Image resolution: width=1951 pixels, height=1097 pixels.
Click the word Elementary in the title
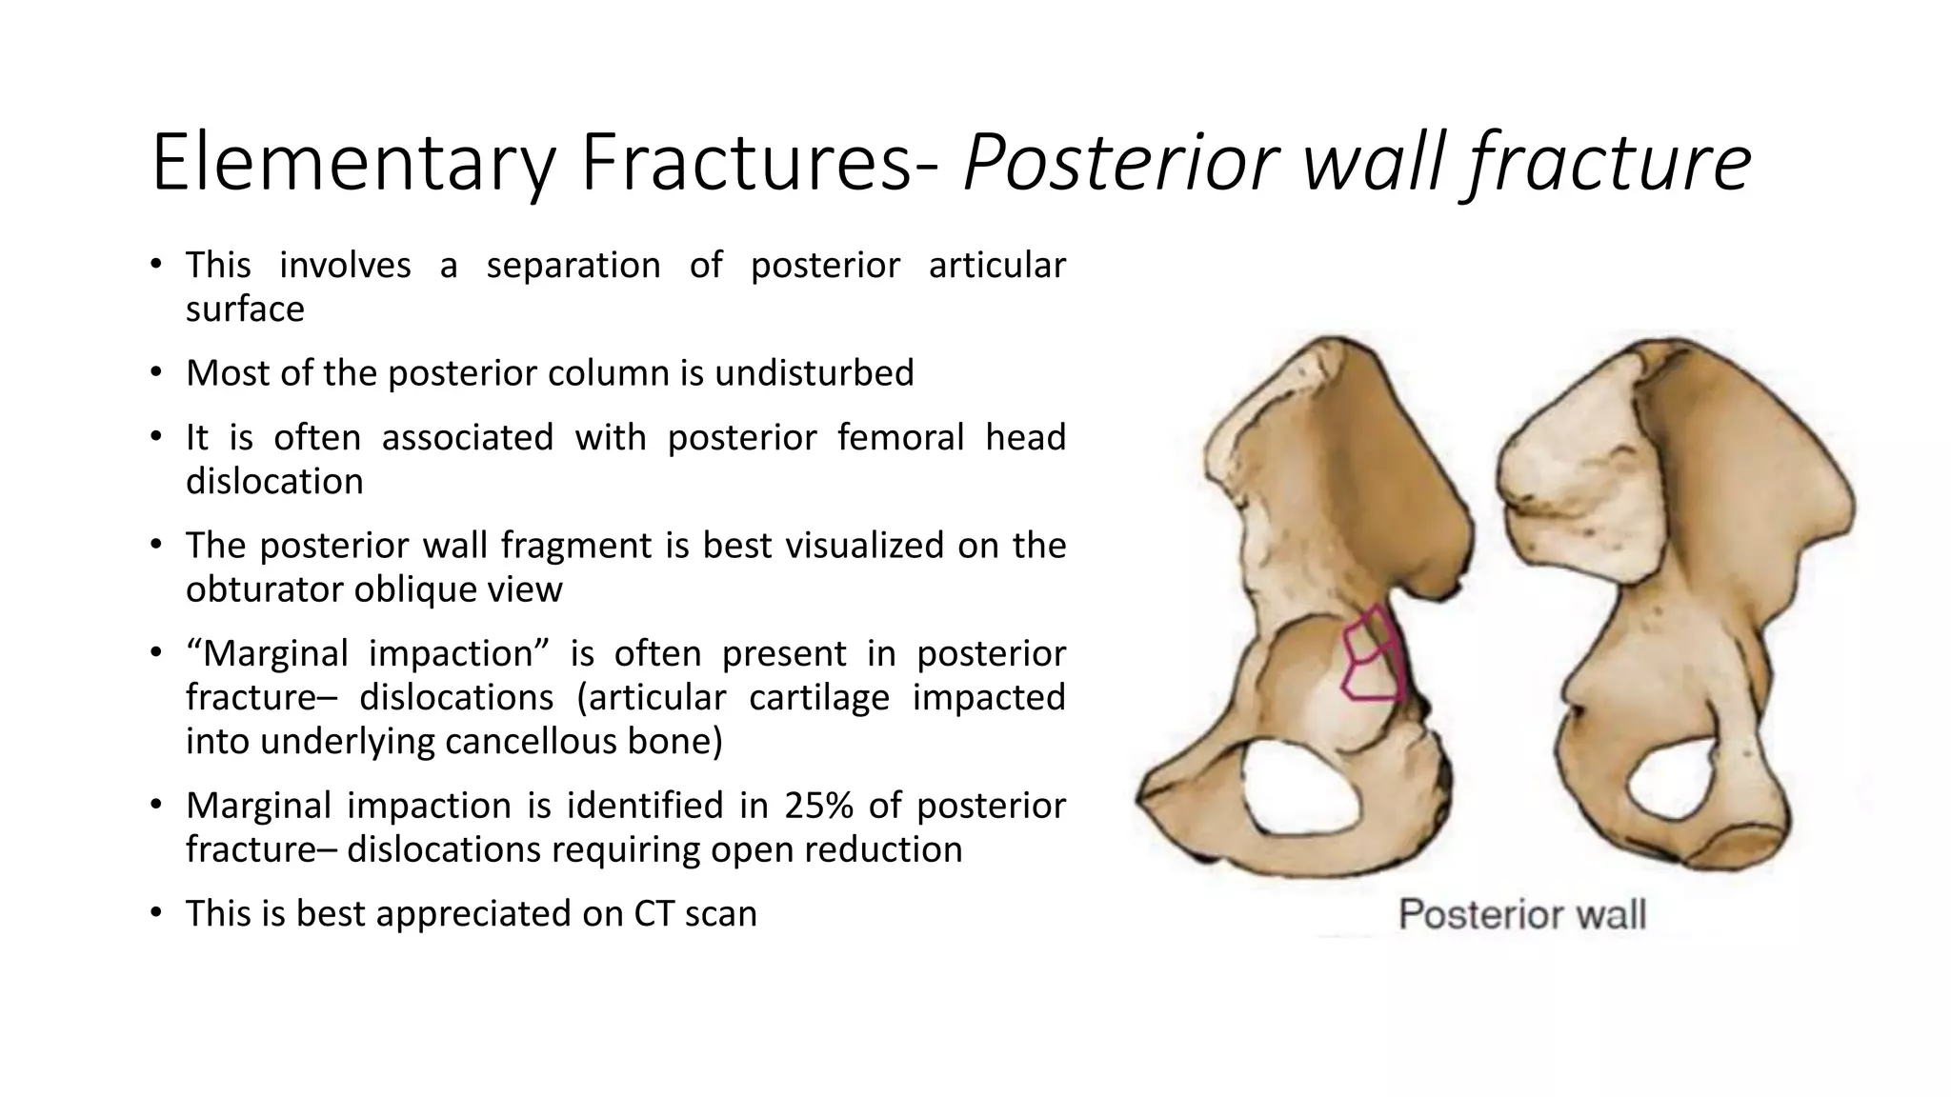pos(352,164)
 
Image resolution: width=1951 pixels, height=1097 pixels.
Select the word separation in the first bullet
pos(573,265)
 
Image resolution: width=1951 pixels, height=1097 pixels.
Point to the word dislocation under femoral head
pos(274,481)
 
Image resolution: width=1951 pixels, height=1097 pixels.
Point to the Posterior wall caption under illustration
pos(1521,914)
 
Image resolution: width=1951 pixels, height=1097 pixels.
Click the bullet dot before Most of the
pos(156,372)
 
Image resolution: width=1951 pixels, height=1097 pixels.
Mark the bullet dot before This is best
pos(156,913)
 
